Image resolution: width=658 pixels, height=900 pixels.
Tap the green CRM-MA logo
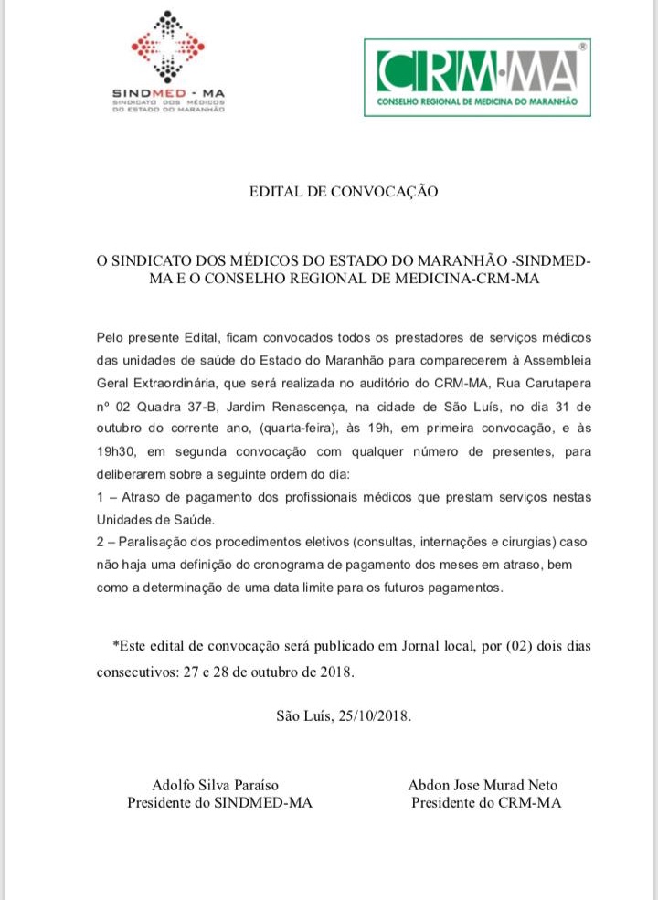point(477,77)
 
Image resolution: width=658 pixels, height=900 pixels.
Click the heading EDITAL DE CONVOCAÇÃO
point(344,192)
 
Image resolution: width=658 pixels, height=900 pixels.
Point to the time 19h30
point(115,452)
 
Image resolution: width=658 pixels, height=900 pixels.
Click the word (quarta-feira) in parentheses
point(302,429)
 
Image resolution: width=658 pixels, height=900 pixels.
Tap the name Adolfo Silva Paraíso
point(215,785)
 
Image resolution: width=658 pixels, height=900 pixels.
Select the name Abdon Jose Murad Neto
point(483,785)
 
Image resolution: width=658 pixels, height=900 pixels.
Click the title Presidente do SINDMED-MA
point(219,803)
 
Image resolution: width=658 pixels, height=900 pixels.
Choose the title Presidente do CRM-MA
point(486,803)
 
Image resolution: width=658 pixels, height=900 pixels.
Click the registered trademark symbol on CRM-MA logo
point(582,44)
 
